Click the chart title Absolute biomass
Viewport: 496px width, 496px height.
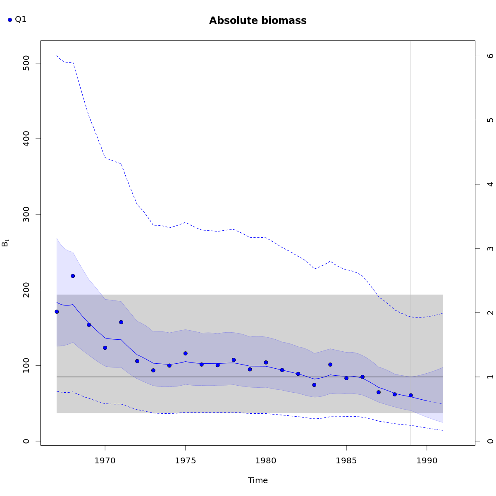[x=258, y=21]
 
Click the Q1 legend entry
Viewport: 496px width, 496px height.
[x=17, y=19]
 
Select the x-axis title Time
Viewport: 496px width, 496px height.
[x=258, y=480]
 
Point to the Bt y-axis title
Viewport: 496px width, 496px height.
[x=5, y=243]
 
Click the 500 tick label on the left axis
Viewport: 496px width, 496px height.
[x=26, y=63]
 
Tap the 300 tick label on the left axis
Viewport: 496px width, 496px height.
[x=26, y=214]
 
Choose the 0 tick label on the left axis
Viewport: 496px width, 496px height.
[x=26, y=441]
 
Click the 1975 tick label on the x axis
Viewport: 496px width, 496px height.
[x=185, y=460]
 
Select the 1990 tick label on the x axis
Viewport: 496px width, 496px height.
[x=427, y=460]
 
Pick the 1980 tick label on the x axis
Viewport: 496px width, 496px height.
[x=266, y=460]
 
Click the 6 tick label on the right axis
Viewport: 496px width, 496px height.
[x=491, y=56]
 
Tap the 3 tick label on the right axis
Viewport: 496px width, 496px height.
[x=491, y=248]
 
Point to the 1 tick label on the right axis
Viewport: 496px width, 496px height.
[x=491, y=377]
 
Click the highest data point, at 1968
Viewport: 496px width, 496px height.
[x=73, y=276]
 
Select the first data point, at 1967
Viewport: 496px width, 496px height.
[x=57, y=312]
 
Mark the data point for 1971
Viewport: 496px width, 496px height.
[x=121, y=322]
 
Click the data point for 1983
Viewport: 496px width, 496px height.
[x=314, y=385]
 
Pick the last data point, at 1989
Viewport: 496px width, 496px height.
[x=410, y=395]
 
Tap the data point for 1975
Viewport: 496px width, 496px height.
[x=185, y=353]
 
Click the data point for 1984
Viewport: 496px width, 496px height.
[x=330, y=365]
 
